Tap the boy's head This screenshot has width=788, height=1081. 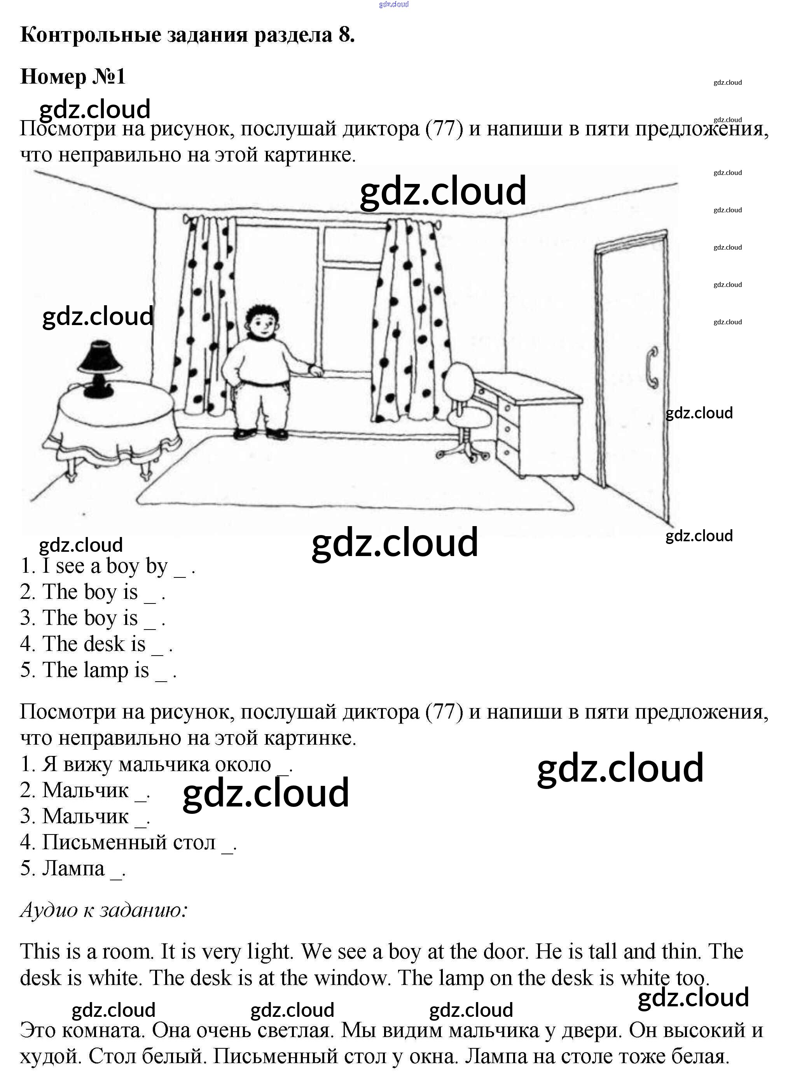[x=261, y=322]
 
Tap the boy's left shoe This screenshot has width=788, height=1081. [x=277, y=434]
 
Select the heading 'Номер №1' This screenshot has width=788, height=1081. [x=73, y=76]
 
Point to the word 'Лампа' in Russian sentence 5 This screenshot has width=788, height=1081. [x=73, y=868]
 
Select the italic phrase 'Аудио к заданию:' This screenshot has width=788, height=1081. [x=103, y=910]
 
